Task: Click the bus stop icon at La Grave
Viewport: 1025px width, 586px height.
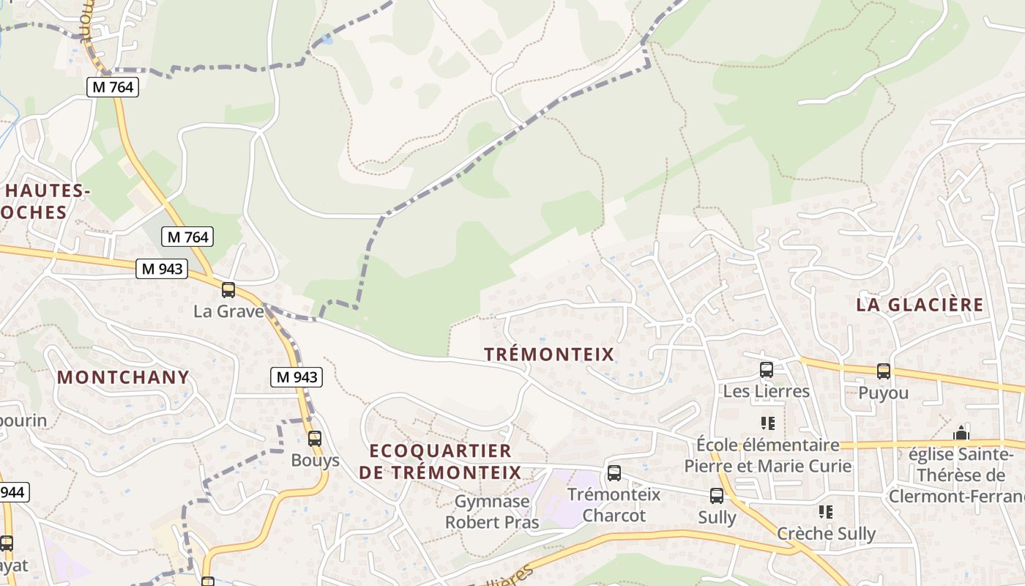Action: tap(228, 290)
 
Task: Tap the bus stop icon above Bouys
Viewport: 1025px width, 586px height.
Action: tap(315, 439)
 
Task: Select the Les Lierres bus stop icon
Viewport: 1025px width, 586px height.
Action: tap(767, 370)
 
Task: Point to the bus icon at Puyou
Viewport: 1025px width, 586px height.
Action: tap(884, 371)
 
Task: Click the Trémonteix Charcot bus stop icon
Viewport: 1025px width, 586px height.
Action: tap(614, 473)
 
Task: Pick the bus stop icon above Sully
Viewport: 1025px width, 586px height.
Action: tap(717, 496)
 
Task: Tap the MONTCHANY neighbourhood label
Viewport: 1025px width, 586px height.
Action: tap(123, 377)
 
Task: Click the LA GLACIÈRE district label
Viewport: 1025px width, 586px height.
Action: tap(920, 305)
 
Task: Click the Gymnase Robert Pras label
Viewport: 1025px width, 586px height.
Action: tap(492, 512)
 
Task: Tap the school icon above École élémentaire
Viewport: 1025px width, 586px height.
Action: tap(767, 423)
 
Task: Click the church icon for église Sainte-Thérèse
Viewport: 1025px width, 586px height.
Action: tap(961, 433)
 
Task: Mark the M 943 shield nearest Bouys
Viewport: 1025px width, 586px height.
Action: tap(296, 377)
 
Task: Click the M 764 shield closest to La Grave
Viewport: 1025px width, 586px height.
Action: tap(188, 237)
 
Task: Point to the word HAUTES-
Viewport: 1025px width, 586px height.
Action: tap(47, 191)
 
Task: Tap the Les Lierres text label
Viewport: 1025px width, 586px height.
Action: tap(767, 391)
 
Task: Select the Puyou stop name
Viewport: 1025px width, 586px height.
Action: tap(884, 393)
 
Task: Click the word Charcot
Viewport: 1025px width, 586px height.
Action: tap(614, 516)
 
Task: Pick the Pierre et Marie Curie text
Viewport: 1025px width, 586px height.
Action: tap(768, 466)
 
